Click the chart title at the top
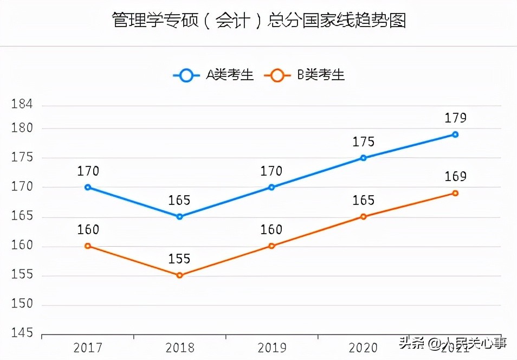(258, 21)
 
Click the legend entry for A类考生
(214, 75)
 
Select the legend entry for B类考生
(305, 75)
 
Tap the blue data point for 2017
(88, 187)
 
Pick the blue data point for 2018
(179, 216)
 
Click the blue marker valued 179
(455, 134)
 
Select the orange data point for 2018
(179, 275)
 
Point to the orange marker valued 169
(455, 193)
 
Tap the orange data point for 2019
(272, 246)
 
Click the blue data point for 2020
(363, 158)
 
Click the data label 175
(363, 142)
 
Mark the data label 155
(179, 259)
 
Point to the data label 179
(455, 118)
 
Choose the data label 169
(455, 177)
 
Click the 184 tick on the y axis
(22, 104)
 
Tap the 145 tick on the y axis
(22, 333)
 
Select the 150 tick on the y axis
(22, 304)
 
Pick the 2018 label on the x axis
(179, 347)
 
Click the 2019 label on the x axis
(272, 347)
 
